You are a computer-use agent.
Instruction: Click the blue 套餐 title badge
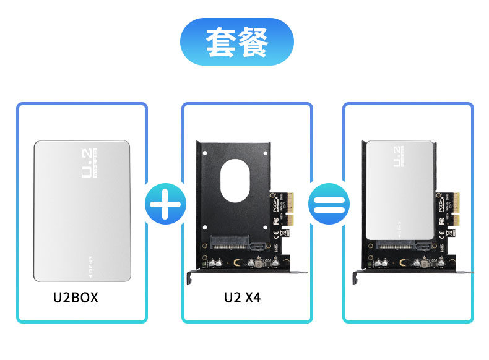coord(237,42)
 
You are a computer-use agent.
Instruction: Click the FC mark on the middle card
coord(275,220)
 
